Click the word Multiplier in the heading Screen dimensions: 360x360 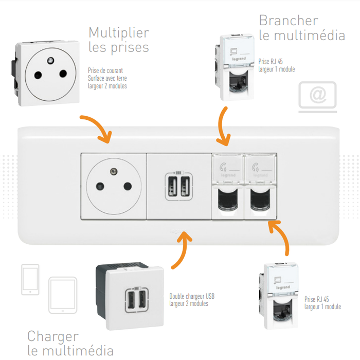coord(119,33)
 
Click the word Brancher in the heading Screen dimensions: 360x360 coord(288,21)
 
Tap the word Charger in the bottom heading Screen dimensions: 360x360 coord(53,336)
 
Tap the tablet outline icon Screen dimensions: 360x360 coord(63,295)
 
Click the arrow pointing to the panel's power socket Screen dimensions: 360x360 coord(97,129)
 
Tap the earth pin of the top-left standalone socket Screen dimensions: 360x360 coord(50,62)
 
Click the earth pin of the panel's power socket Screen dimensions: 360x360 coord(113,171)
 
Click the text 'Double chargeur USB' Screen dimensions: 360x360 coord(192,297)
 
